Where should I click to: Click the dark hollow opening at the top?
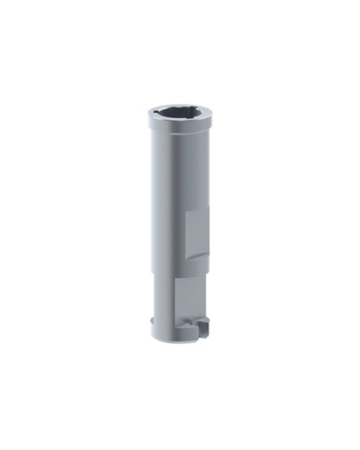(x=180, y=113)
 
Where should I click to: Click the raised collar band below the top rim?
(x=180, y=127)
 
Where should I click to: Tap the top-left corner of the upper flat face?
(x=186, y=212)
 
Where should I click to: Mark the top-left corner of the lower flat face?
(x=176, y=279)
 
